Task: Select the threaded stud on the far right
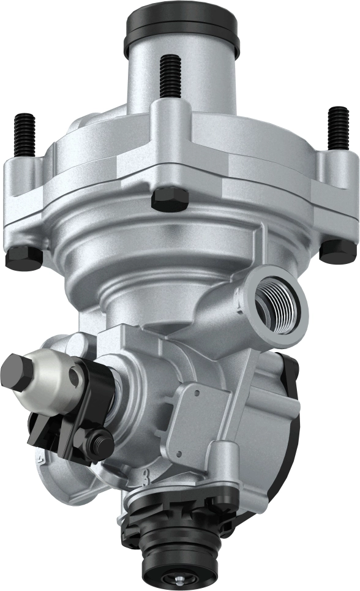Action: point(337,128)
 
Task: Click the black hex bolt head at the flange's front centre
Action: point(169,199)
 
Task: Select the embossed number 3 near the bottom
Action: point(145,475)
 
